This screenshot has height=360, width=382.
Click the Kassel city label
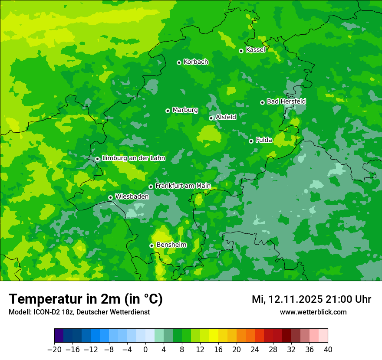click(x=255, y=50)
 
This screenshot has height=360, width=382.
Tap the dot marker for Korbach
click(x=179, y=62)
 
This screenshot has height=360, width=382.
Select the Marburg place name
click(x=185, y=110)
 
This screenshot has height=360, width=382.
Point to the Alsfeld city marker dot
click(x=211, y=118)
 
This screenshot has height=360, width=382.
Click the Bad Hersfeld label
click(x=286, y=101)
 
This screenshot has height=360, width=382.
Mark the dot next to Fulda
click(x=251, y=141)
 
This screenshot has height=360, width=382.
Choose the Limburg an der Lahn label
click(x=133, y=158)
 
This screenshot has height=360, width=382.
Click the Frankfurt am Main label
click(x=183, y=186)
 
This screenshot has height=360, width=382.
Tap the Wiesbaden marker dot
click(x=110, y=198)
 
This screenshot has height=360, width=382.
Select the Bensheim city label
click(x=171, y=245)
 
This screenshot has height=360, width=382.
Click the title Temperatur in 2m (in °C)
click(x=86, y=299)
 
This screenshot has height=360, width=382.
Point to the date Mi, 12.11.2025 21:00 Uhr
click(x=311, y=299)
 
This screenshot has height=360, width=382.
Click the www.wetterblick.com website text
click(x=313, y=312)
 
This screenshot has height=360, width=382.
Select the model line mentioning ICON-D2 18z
click(x=79, y=312)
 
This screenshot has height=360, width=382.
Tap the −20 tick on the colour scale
click(x=54, y=350)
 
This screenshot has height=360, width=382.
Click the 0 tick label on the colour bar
click(x=145, y=350)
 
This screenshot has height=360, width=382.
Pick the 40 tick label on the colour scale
click(x=328, y=350)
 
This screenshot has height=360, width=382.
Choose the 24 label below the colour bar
click(x=255, y=350)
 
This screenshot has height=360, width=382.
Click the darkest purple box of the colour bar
click(x=59, y=336)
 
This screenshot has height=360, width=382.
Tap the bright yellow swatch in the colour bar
click(x=214, y=336)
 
